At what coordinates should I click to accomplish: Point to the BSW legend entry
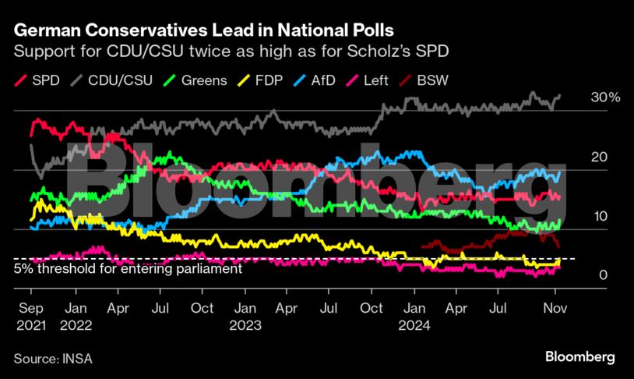click(x=425, y=80)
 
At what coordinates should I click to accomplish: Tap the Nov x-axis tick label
click(x=554, y=309)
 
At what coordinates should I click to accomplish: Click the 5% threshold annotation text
click(x=129, y=269)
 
